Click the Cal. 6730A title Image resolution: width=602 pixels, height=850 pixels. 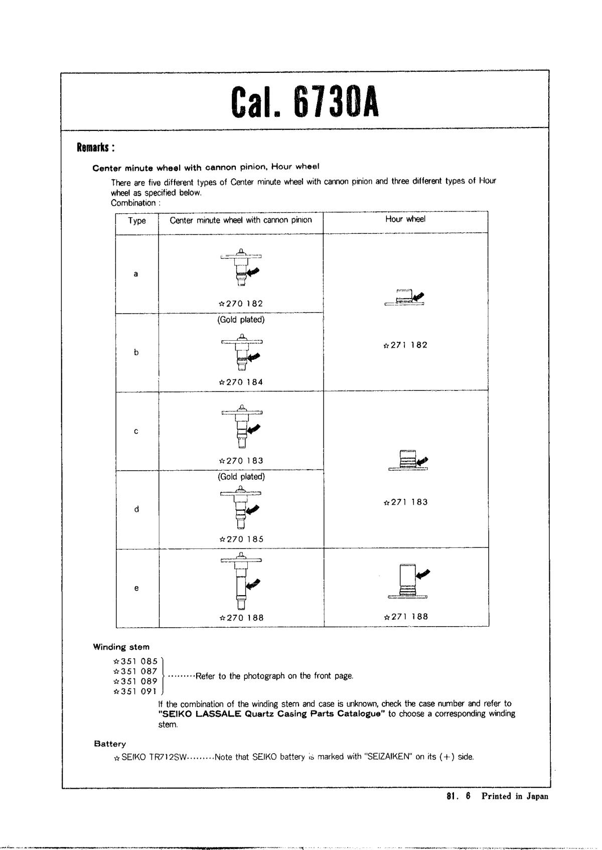pyautogui.click(x=305, y=101)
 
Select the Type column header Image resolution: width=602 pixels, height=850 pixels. pyautogui.click(x=137, y=221)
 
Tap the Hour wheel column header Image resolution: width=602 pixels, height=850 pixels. pyautogui.click(x=405, y=219)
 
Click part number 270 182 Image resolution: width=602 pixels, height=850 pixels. pyautogui.click(x=241, y=304)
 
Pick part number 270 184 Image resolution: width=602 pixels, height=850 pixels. pyautogui.click(x=241, y=382)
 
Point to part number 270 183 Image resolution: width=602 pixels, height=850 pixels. pyautogui.click(x=241, y=461)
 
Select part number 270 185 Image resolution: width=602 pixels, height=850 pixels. pyautogui.click(x=241, y=539)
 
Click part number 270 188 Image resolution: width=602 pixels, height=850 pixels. pyautogui.click(x=241, y=618)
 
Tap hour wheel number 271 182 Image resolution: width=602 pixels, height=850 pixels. pyautogui.click(x=405, y=345)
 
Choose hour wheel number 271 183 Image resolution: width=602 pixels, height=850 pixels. pyautogui.click(x=405, y=502)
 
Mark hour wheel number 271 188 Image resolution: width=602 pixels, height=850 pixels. pyautogui.click(x=405, y=617)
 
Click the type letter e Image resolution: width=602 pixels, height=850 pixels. pyautogui.click(x=136, y=588)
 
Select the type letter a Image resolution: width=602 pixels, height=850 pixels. pyautogui.click(x=135, y=274)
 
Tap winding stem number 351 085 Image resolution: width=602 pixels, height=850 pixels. pyautogui.click(x=136, y=661)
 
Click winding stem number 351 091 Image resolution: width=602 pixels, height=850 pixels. pyautogui.click(x=136, y=691)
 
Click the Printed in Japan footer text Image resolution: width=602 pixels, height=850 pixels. pyautogui.click(x=515, y=796)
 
